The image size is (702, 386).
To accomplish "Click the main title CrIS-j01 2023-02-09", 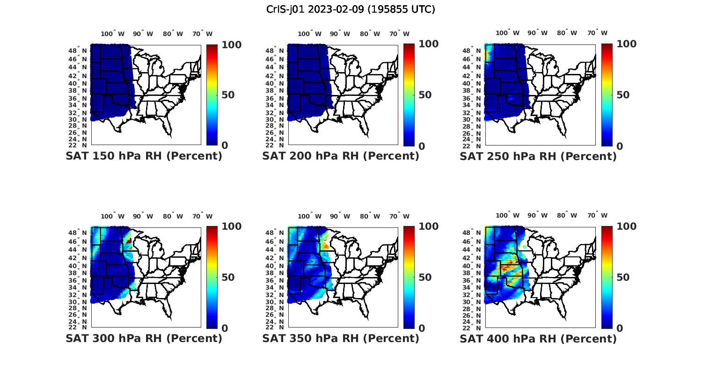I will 351,9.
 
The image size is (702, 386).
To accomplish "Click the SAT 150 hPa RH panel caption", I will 144,156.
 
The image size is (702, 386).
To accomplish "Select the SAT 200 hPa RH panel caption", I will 341,156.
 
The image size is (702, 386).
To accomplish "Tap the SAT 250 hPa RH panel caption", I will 538,156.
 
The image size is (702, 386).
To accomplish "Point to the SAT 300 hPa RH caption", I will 144,338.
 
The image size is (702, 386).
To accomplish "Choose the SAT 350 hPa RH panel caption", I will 341,338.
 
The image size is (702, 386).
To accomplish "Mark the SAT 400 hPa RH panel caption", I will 538,338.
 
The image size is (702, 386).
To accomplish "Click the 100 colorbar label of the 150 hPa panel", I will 231,44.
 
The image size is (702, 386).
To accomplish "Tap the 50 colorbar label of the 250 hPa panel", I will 623,95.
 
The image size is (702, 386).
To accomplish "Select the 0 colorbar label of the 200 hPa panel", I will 422,146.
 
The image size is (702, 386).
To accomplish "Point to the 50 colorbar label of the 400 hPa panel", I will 623,277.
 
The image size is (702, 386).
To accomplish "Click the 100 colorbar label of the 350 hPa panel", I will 428,226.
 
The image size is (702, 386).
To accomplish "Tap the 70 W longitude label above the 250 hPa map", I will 597,33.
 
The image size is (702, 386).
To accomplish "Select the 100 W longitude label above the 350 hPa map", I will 309,216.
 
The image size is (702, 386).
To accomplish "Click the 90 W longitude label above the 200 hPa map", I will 340,34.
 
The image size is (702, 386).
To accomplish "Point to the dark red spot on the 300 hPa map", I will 129,240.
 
